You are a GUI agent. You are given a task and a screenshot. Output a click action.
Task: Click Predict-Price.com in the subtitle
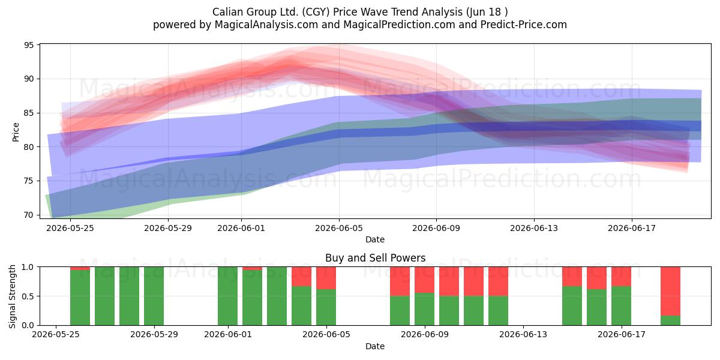click(524, 25)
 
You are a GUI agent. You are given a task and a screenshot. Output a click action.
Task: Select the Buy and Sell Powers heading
click(375, 258)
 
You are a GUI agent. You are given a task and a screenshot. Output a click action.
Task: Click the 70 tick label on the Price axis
click(29, 215)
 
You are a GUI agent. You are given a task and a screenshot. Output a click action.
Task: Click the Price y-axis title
click(16, 132)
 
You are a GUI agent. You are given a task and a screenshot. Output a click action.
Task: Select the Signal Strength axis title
click(12, 296)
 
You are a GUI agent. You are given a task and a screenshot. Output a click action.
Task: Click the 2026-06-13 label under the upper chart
click(534, 228)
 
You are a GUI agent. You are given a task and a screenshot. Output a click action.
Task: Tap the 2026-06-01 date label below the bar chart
click(228, 335)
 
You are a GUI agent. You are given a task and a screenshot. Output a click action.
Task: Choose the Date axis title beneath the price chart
click(375, 239)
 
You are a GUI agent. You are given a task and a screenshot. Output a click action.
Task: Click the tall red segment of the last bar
click(670, 291)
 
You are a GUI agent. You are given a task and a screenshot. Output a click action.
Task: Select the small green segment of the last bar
click(670, 320)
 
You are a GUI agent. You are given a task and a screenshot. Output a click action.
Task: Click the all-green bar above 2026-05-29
click(154, 296)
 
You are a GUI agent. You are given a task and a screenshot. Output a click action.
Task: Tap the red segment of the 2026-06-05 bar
click(326, 278)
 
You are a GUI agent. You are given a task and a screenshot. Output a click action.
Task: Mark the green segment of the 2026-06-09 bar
click(424, 309)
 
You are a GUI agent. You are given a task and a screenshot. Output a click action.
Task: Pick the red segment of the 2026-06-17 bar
click(621, 277)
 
